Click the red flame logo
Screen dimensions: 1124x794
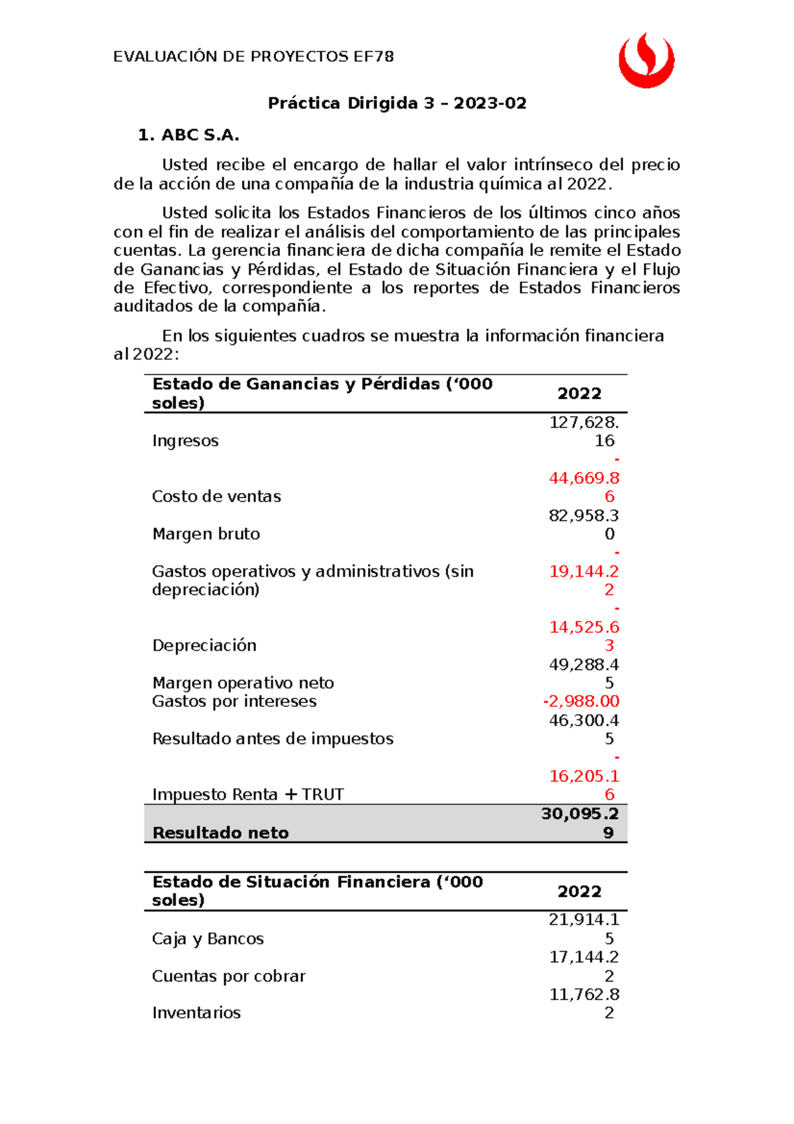(646, 61)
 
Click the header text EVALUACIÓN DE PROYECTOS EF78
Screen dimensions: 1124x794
(253, 57)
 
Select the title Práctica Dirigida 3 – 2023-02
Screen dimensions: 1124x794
(397, 103)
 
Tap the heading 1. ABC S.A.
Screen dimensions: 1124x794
(189, 135)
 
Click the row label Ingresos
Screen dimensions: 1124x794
(185, 441)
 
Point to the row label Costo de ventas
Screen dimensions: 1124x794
(216, 496)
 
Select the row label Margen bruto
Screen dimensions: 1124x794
(206, 534)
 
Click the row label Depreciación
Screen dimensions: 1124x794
(204, 645)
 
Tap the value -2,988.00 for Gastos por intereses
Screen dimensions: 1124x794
(581, 701)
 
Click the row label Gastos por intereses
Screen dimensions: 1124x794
(234, 701)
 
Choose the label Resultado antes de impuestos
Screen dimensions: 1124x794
(273, 739)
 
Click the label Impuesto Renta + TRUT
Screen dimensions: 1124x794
(248, 794)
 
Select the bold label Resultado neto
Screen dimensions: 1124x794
(220, 833)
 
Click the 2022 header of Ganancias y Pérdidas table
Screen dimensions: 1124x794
(579, 394)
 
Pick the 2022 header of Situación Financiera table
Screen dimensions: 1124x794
(579, 892)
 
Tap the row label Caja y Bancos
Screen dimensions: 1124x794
(208, 939)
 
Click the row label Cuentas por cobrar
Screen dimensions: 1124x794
(228, 976)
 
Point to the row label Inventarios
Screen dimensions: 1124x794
(196, 1013)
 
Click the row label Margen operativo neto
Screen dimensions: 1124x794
(243, 683)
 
